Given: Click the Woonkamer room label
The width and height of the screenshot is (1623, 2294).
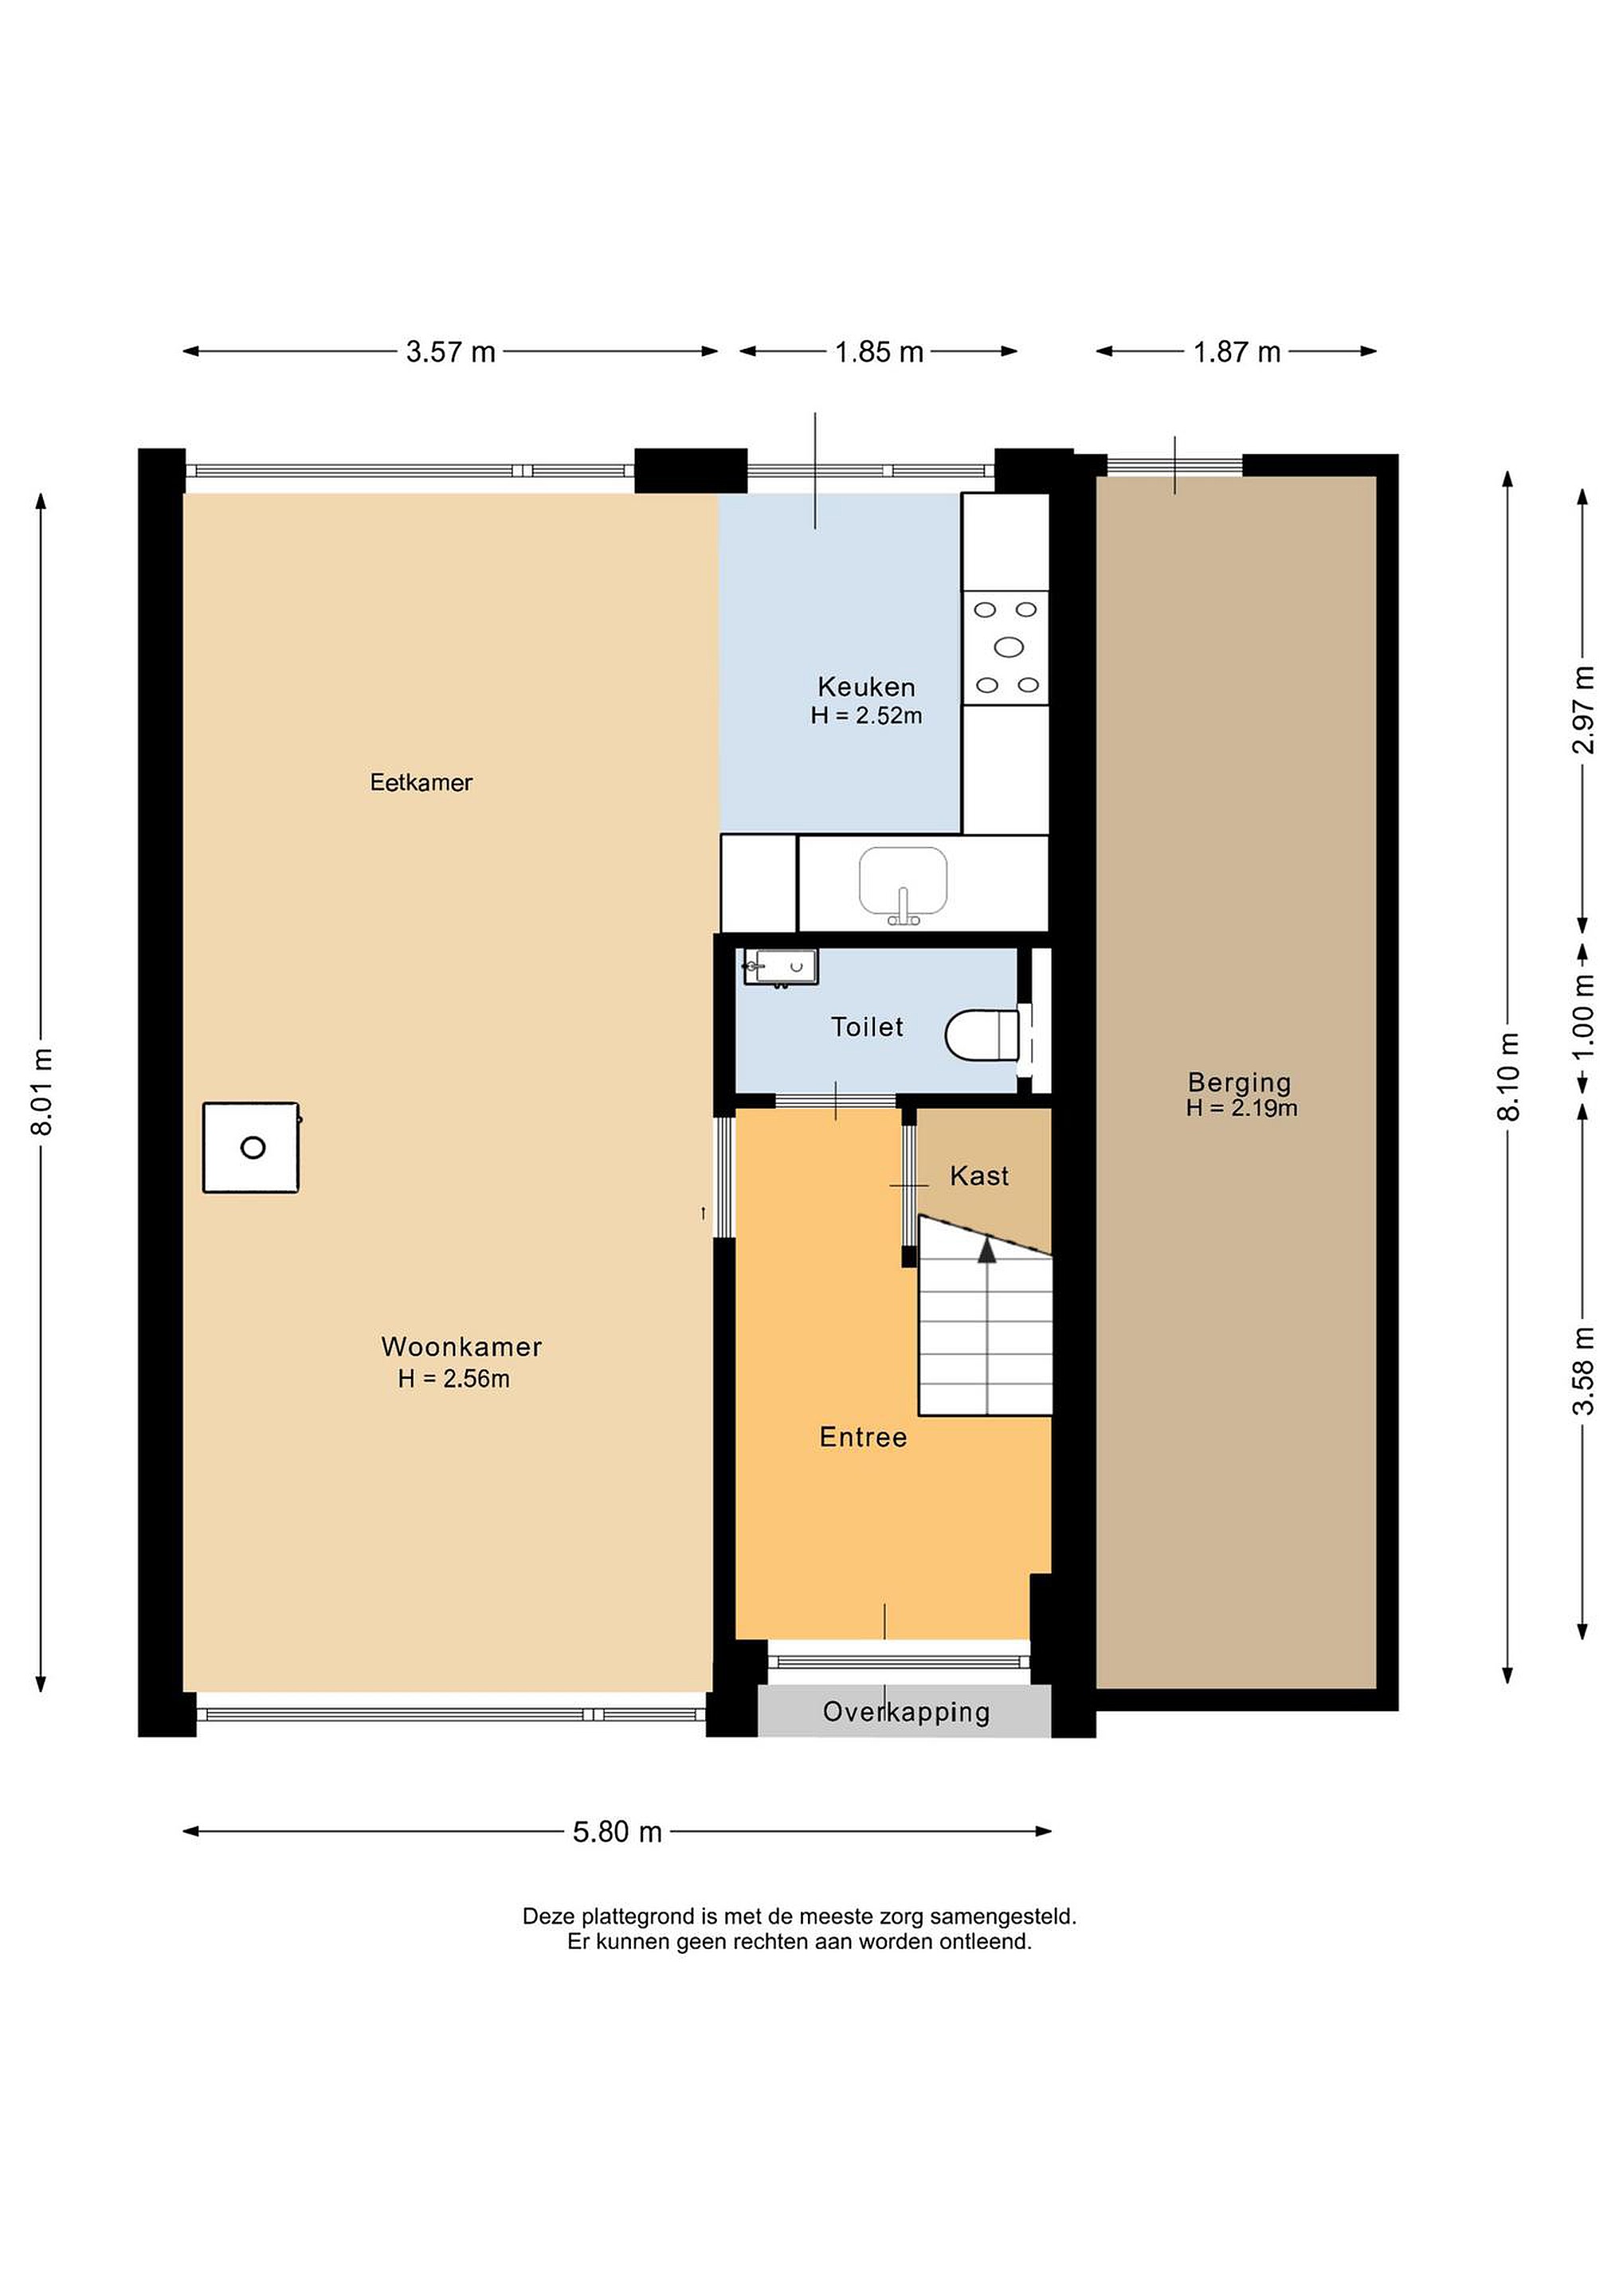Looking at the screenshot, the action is (x=461, y=1346).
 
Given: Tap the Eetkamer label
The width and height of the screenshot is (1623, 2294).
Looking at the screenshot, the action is (x=421, y=782).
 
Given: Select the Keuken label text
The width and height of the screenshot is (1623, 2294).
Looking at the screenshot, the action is (x=866, y=687).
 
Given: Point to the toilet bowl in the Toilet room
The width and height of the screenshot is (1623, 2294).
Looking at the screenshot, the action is (x=982, y=1034).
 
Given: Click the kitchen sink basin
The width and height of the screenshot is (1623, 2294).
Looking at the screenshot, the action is (x=904, y=881).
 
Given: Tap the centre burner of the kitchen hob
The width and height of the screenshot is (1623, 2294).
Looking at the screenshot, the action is (x=1009, y=647).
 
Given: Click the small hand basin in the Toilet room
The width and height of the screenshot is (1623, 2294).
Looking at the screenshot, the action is (x=781, y=966).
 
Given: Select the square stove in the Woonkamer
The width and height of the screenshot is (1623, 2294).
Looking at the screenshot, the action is (x=252, y=1147).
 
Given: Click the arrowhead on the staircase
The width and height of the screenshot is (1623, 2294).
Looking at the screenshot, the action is (x=987, y=1249).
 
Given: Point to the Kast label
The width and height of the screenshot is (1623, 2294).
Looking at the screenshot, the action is (x=979, y=1176).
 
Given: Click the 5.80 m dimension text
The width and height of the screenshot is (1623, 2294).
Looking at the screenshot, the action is (x=617, y=1831).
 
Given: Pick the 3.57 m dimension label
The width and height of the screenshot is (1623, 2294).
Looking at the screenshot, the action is (x=451, y=352).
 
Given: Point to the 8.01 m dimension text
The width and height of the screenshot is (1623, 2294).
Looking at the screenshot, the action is (x=42, y=1091).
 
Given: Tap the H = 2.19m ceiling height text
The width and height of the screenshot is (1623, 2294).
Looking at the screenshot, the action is (x=1242, y=1108).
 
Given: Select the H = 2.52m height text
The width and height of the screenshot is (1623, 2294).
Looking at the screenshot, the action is (x=866, y=715).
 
